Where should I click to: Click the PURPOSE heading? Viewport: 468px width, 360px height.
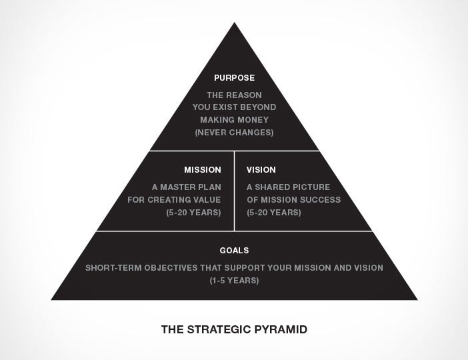coord(234,78)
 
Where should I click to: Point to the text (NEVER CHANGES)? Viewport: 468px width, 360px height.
coord(234,133)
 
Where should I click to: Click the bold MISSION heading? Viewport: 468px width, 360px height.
coord(203,170)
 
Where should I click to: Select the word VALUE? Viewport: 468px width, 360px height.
coord(207,200)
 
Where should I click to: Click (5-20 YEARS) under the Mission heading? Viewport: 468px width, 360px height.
coord(193,213)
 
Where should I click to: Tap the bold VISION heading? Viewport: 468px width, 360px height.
coord(261,170)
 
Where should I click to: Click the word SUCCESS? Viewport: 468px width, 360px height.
coord(323,200)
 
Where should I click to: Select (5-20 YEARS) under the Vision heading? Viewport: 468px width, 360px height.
coord(274,213)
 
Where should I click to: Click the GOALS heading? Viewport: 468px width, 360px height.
coord(234,251)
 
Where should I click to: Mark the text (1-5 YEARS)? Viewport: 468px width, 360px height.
coord(234,281)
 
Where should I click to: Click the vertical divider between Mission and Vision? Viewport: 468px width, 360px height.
coord(234,191)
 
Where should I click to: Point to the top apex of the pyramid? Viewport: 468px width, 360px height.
coord(234,24)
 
